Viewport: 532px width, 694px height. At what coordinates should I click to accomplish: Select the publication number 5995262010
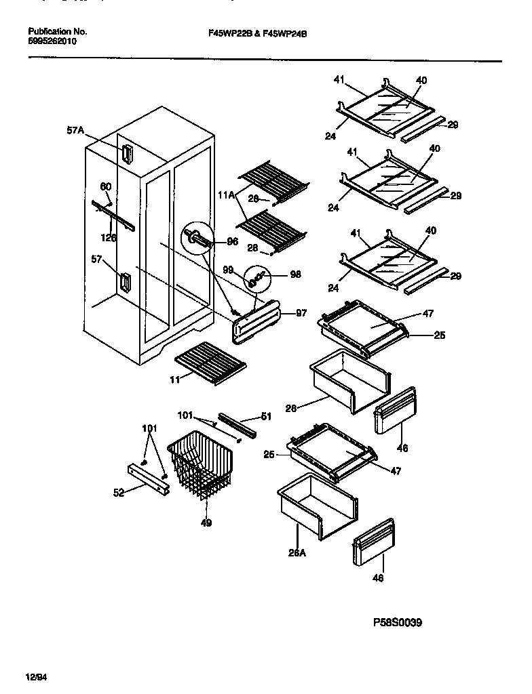pyautogui.click(x=52, y=41)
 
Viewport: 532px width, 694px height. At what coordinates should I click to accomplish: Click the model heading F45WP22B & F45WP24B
pyautogui.click(x=254, y=32)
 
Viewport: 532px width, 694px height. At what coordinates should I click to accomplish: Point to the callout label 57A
pyautogui.click(x=75, y=131)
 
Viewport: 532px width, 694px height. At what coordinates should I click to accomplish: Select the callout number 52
pyautogui.click(x=119, y=493)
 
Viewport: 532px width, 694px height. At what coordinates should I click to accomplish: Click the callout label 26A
pyautogui.click(x=296, y=552)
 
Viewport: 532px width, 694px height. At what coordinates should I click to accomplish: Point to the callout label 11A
pyautogui.click(x=225, y=195)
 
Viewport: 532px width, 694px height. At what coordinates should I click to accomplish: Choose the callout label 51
pyautogui.click(x=266, y=417)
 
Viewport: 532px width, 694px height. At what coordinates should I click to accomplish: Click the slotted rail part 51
pyautogui.click(x=237, y=424)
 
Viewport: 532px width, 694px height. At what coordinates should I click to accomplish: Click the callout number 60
pyautogui.click(x=105, y=186)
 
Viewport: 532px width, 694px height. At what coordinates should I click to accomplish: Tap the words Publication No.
pyautogui.click(x=58, y=32)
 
